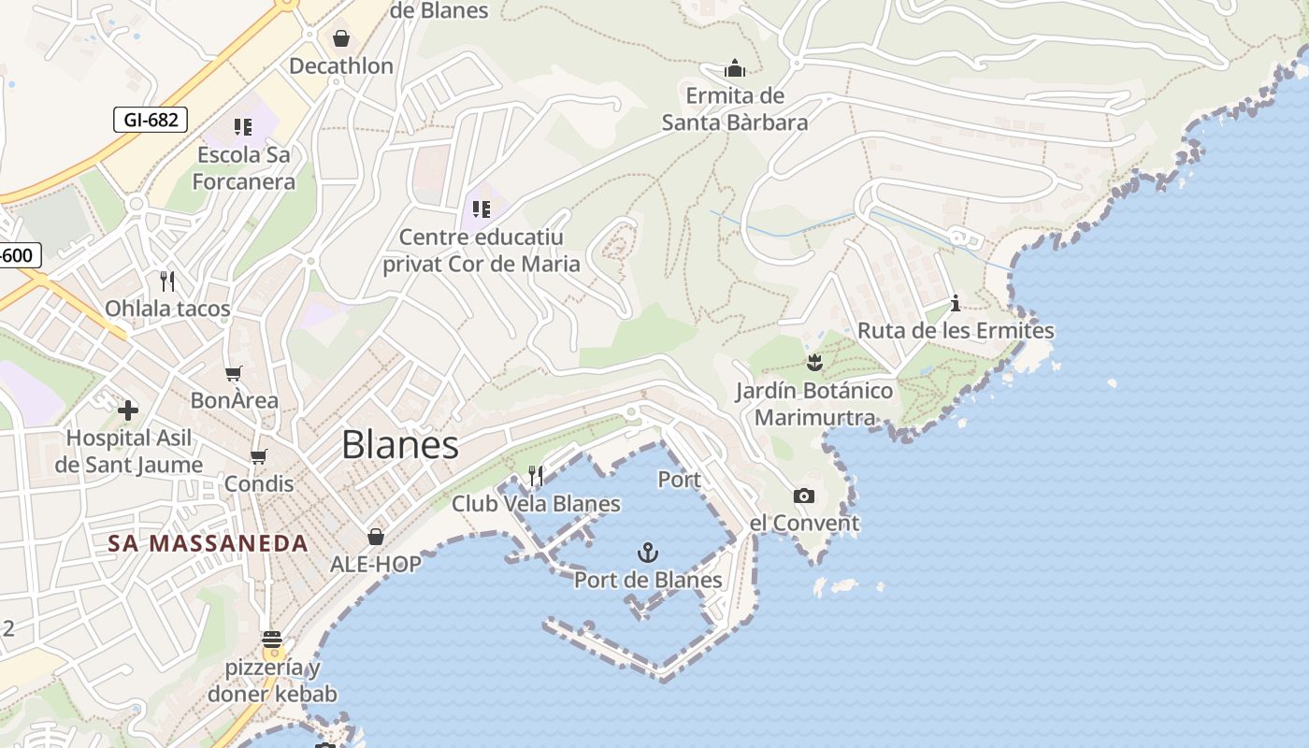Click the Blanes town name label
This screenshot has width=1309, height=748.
(400, 445)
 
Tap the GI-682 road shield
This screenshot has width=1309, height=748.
(151, 120)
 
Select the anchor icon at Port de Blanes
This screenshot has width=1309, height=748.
(647, 553)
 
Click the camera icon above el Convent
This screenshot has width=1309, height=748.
(803, 496)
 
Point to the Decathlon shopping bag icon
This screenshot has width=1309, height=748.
(341, 38)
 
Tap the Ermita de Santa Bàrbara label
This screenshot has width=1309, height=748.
(735, 108)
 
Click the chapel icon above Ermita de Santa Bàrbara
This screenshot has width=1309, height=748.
(735, 69)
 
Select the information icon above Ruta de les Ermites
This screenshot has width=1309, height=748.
(956, 303)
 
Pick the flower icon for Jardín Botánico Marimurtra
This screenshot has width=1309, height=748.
(814, 362)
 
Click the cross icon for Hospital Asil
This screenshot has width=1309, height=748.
(128, 410)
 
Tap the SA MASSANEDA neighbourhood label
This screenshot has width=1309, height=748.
(208, 543)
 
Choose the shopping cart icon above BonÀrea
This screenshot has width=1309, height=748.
(234, 374)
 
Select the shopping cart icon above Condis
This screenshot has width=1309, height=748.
(259, 457)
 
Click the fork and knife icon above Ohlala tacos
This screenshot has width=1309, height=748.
(167, 280)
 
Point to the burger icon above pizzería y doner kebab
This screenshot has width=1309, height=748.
(272, 640)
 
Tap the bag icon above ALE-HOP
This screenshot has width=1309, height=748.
(376, 537)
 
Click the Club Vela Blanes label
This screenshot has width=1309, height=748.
(536, 504)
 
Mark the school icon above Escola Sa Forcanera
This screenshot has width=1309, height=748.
(243, 127)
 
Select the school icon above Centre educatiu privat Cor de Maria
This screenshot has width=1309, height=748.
(482, 209)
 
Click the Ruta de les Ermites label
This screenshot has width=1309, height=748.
(956, 331)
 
